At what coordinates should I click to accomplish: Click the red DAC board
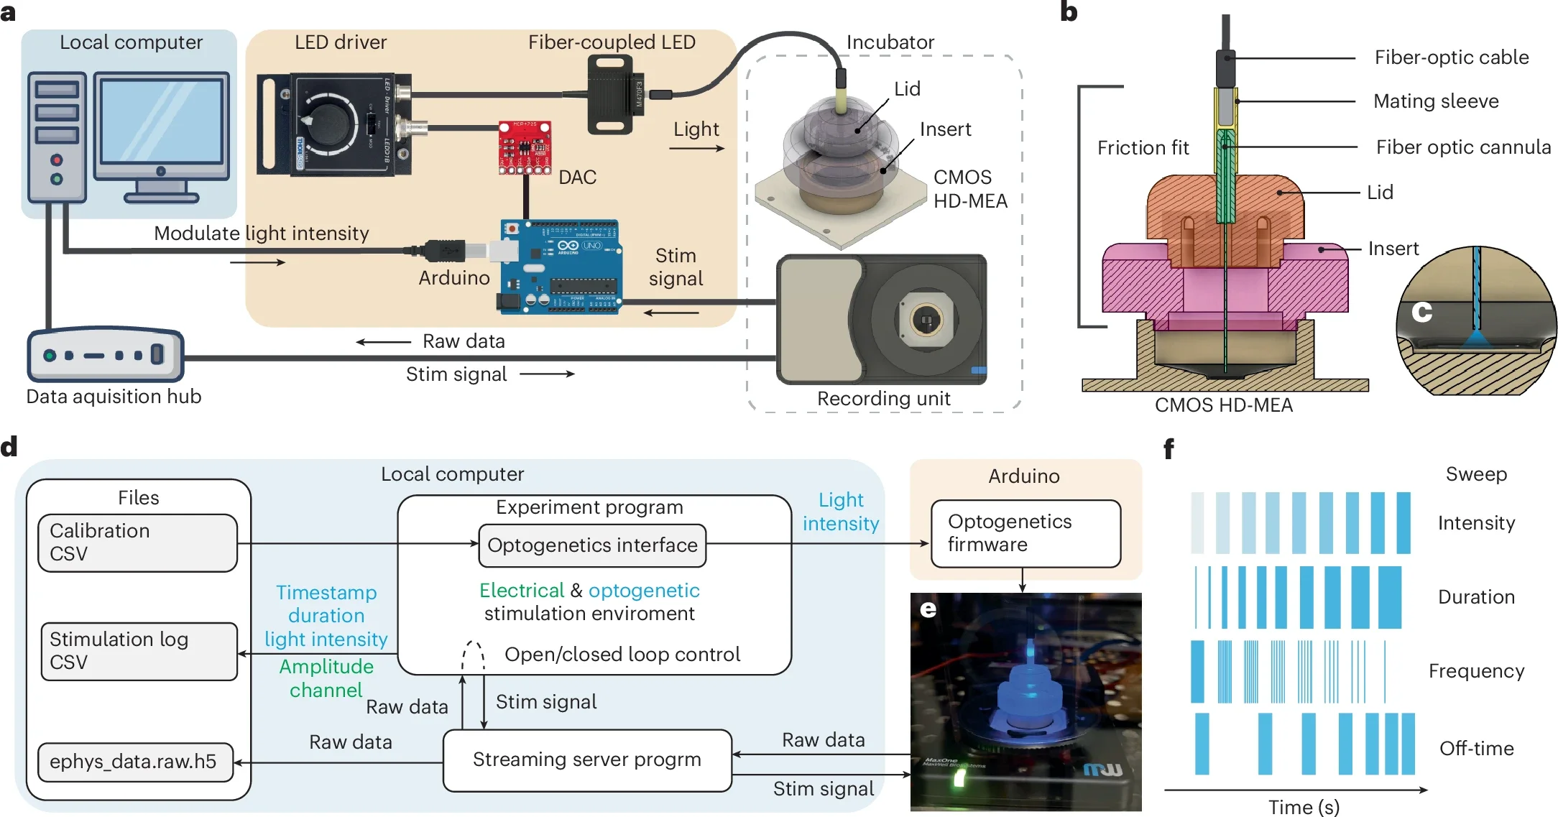tap(525, 148)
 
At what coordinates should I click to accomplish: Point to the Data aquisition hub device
tap(105, 355)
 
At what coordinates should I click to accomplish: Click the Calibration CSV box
tap(137, 543)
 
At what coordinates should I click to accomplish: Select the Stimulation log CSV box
tap(139, 651)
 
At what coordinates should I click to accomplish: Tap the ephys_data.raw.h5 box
tap(135, 762)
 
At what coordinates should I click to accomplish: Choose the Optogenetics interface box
tap(592, 545)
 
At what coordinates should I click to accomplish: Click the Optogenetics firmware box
tap(1025, 533)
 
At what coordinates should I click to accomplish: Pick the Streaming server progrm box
tap(587, 760)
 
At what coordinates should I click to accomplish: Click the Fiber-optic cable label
tap(1451, 57)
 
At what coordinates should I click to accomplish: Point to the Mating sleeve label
tap(1435, 101)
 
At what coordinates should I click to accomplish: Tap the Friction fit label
tap(1143, 148)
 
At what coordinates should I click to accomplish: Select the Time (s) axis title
tap(1304, 807)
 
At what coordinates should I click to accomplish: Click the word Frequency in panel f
tap(1476, 671)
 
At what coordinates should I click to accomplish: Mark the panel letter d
tap(9, 447)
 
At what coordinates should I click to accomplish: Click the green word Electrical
tap(521, 591)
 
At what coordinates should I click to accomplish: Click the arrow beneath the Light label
tap(696, 149)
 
